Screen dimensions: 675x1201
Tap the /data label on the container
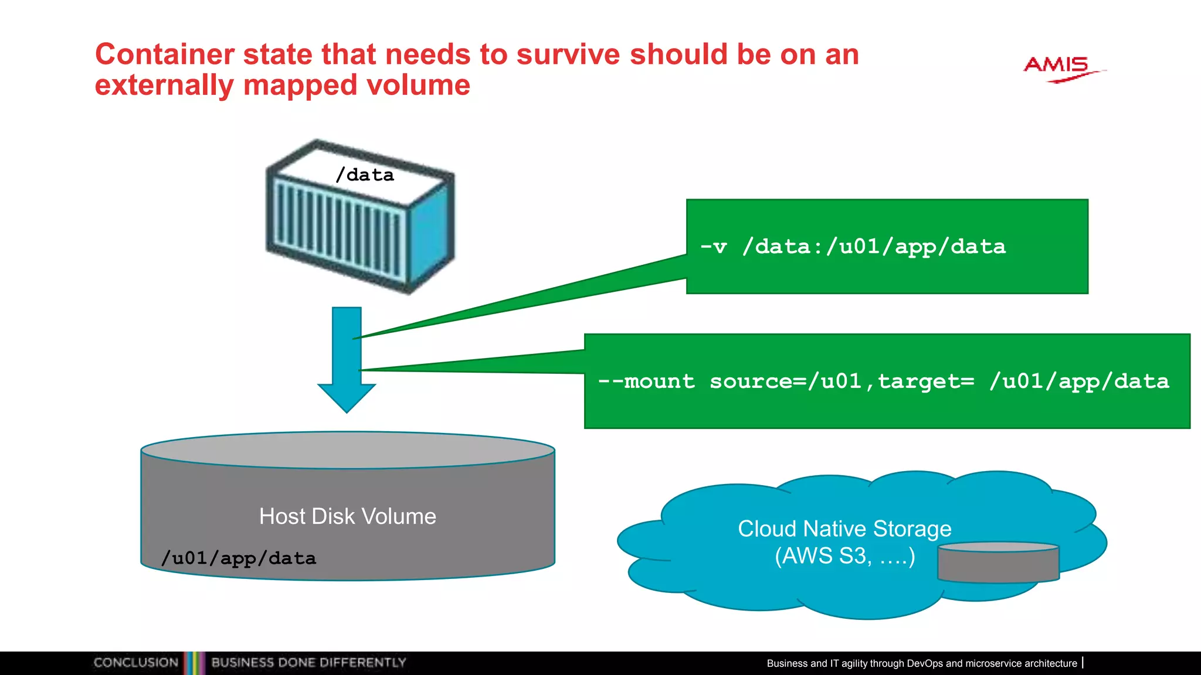(364, 175)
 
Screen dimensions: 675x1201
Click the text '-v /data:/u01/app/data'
(853, 247)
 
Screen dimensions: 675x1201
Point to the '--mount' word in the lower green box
(646, 381)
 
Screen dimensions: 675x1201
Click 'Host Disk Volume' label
(348, 516)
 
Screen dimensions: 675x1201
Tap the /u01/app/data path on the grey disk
(239, 558)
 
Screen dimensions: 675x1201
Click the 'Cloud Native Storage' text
(844, 529)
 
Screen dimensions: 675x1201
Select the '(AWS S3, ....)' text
(844, 555)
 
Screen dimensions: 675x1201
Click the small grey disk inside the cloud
(998, 564)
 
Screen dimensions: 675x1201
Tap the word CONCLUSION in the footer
(135, 663)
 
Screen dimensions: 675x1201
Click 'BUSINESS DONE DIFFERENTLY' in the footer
(308, 663)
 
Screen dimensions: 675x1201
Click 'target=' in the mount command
(926, 381)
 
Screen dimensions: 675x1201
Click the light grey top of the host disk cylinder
(348, 450)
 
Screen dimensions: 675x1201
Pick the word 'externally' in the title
(164, 86)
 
